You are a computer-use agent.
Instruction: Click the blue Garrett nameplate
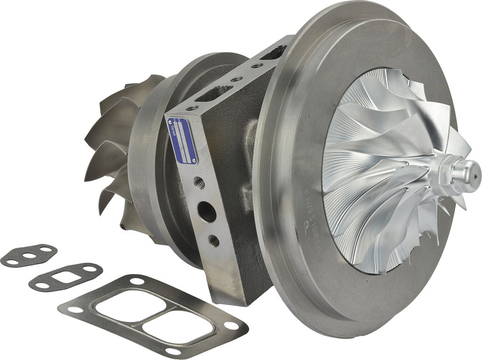(182, 140)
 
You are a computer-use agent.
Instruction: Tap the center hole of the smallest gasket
(30, 256)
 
